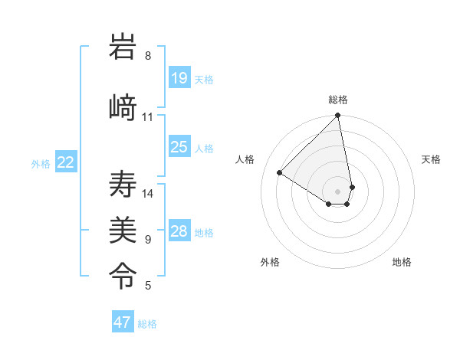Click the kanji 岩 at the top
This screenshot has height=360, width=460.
coord(123,50)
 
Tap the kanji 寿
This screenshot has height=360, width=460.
coord(123,185)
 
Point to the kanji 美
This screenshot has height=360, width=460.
coord(123,227)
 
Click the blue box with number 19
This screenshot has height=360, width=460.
coord(179,78)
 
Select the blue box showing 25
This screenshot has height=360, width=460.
coord(179,147)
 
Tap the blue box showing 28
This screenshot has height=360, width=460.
coord(179,231)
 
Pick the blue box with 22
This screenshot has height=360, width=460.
coord(66,162)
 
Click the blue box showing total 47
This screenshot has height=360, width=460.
coord(123,322)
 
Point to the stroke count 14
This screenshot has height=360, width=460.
coord(148,194)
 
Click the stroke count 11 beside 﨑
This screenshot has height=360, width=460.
coord(148,117)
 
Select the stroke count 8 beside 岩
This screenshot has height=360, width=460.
coord(148,56)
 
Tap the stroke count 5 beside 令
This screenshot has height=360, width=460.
coord(148,286)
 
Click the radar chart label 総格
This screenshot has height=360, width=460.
coord(338,100)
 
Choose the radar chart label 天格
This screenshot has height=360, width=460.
coord(431,159)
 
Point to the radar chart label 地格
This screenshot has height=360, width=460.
coord(402,262)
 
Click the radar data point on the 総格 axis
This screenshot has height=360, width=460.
coord(338,116)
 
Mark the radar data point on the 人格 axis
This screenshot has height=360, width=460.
coord(280,173)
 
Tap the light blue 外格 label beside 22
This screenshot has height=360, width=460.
coord(41,163)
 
